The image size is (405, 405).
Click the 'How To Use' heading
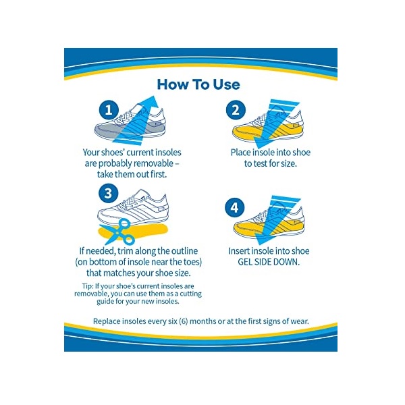point(198,84)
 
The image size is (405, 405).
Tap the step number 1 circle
point(109,110)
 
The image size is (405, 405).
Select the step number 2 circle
point(236,110)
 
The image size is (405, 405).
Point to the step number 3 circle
point(108,193)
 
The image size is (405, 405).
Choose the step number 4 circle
point(234,207)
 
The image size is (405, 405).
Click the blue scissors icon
point(118,232)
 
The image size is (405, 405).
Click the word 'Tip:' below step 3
point(88,286)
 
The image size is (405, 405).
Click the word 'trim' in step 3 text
point(126,251)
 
